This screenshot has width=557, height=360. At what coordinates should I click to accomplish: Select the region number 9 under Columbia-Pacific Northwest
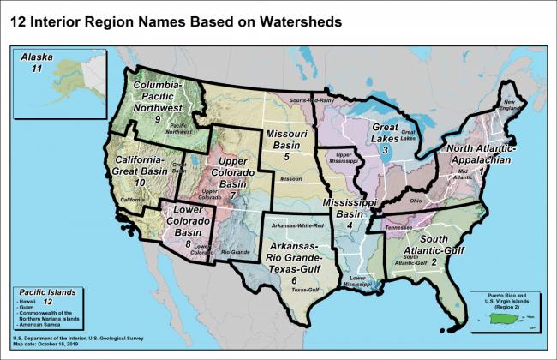point(158,119)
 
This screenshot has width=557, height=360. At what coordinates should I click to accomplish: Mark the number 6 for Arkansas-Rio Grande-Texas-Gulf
point(294,279)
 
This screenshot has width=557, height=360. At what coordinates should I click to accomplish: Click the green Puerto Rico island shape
point(507,317)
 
